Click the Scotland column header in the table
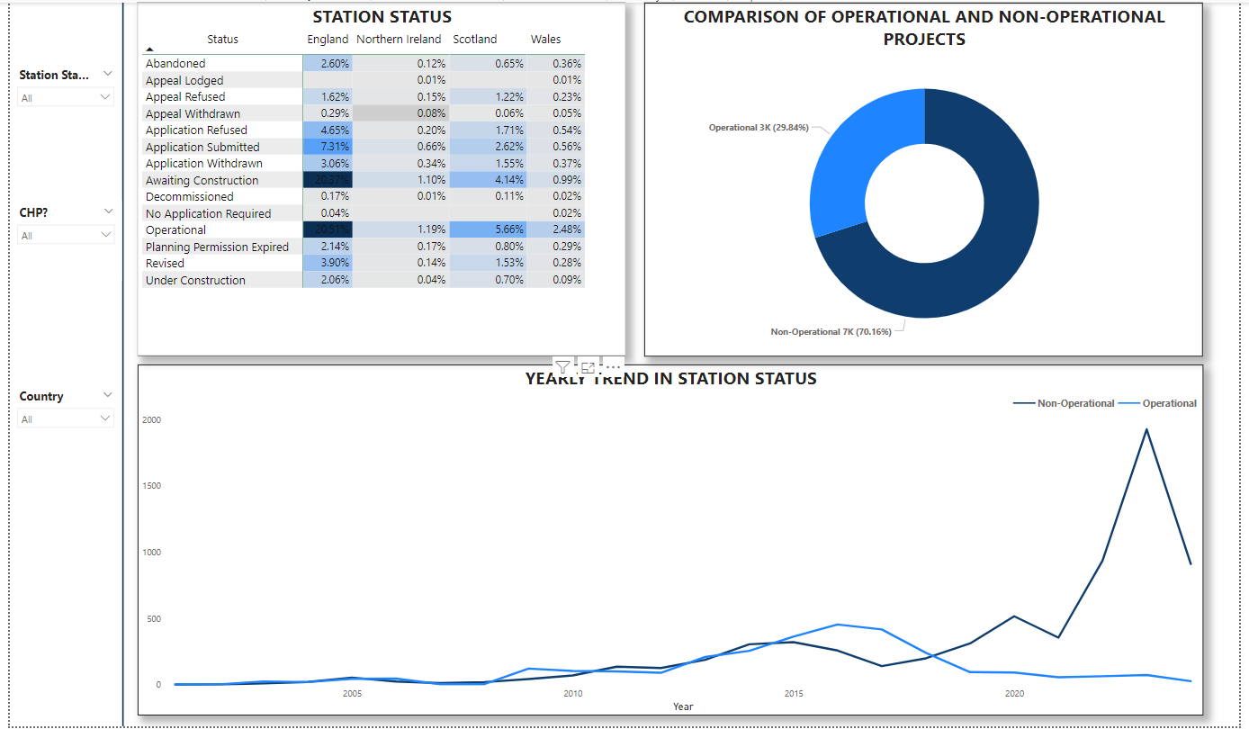point(474,40)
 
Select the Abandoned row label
point(175,64)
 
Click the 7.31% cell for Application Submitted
point(328,147)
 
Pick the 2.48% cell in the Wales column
point(556,229)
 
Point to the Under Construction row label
point(195,280)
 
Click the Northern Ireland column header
point(399,40)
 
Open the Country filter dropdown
point(66,419)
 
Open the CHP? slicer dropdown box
point(66,236)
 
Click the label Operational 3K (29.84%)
point(758,128)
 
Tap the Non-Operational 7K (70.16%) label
point(831,332)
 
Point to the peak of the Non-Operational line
point(1146,429)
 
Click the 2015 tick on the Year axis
point(794,694)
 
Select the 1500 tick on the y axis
point(153,486)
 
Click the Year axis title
point(683,706)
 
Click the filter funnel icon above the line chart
point(562,366)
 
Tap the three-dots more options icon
point(613,366)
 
